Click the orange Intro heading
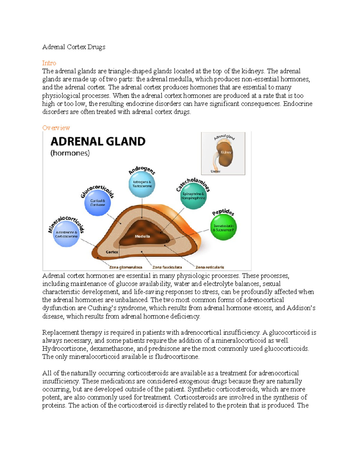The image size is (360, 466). (x=49, y=63)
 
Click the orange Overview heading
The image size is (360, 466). (x=56, y=128)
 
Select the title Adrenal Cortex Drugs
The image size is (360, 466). (x=74, y=47)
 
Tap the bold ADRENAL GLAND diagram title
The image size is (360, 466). (x=98, y=141)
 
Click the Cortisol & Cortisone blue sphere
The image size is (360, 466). (x=97, y=203)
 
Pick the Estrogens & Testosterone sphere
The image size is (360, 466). (x=142, y=184)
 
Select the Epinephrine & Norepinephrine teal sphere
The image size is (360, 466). (x=193, y=196)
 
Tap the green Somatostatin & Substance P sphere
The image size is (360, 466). (x=223, y=228)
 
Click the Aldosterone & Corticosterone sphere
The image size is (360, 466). (x=66, y=234)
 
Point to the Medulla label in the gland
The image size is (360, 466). (x=142, y=236)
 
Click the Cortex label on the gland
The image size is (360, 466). (x=112, y=252)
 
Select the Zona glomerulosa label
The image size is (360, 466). (x=125, y=267)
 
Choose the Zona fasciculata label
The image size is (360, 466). (x=167, y=267)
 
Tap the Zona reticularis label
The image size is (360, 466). (x=210, y=267)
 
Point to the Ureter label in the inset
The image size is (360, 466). (x=215, y=171)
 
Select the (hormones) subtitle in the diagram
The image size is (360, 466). (x=70, y=153)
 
